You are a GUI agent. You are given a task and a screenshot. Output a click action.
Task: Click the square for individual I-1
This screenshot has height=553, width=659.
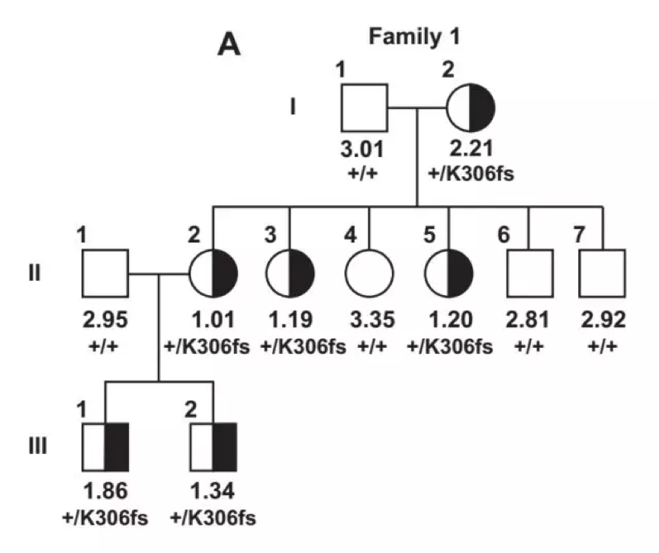[362, 107]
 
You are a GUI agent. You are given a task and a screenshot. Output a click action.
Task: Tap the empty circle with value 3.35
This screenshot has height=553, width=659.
[369, 272]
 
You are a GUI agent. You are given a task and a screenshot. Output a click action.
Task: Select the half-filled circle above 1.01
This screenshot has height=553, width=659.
[213, 272]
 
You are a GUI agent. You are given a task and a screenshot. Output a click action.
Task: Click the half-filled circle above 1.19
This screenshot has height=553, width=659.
[290, 272]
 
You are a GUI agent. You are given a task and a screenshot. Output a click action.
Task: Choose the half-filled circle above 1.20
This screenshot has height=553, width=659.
[448, 272]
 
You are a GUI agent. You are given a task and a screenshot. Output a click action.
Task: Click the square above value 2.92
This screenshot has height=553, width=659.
[603, 272]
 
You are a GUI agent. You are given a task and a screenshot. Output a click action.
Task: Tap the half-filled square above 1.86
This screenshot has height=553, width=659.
[104, 446]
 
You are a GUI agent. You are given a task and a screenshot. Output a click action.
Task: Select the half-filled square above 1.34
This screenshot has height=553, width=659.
[213, 446]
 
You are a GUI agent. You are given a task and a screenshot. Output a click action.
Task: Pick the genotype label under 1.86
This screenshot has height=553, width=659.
[104, 518]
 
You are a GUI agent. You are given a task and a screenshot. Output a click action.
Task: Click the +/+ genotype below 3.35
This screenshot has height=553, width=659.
[369, 347]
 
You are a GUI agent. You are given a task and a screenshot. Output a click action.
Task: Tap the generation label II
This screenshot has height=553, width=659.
[34, 272]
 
